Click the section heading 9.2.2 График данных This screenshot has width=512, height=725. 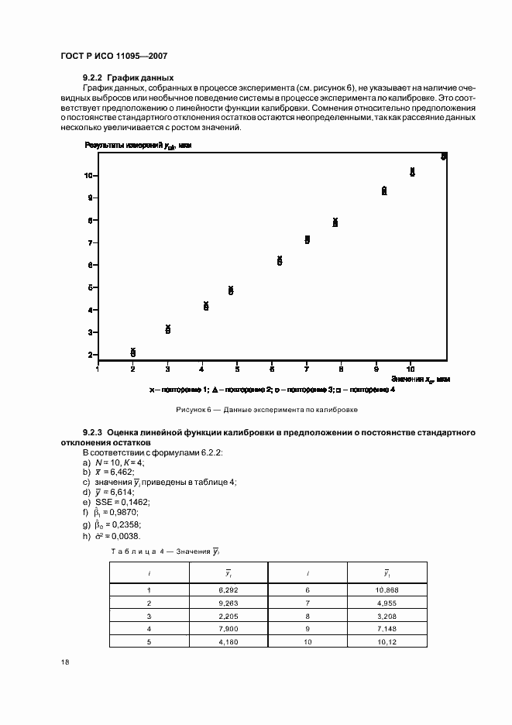[x=128, y=77]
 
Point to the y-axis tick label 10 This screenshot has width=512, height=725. [x=90, y=176]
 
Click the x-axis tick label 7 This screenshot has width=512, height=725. [x=307, y=369]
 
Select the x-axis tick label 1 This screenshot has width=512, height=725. [x=98, y=369]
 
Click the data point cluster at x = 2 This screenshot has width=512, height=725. [x=133, y=352]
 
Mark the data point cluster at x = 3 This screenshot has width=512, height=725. [x=168, y=329]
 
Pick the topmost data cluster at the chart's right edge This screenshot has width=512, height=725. [x=444, y=156]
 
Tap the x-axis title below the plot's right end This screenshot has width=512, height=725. [x=421, y=379]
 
